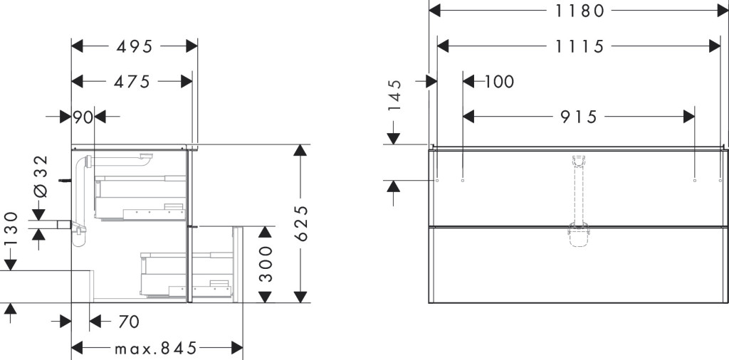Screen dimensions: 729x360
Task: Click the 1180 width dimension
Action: click(579, 10)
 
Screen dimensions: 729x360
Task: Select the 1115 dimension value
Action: click(579, 46)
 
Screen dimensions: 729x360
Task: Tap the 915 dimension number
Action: click(578, 117)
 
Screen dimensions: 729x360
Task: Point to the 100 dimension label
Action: click(499, 82)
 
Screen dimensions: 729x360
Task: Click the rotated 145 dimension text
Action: click(394, 95)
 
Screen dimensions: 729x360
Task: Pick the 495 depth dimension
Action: click(135, 46)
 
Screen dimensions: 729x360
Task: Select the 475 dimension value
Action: click(132, 82)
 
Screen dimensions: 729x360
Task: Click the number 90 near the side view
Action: click(83, 117)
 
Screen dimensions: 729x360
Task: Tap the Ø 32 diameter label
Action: click(41, 176)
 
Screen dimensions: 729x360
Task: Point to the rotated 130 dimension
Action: click(11, 228)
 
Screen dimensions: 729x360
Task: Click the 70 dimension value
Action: click(129, 321)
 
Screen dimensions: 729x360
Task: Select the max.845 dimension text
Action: click(156, 348)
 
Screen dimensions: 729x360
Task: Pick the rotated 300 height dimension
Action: click(266, 264)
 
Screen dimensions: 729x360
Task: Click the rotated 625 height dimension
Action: click(302, 223)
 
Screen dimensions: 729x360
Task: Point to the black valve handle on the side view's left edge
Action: click(65, 180)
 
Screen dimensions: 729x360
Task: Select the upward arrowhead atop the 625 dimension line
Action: click(300, 150)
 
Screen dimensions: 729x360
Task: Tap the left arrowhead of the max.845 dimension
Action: click(77, 348)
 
